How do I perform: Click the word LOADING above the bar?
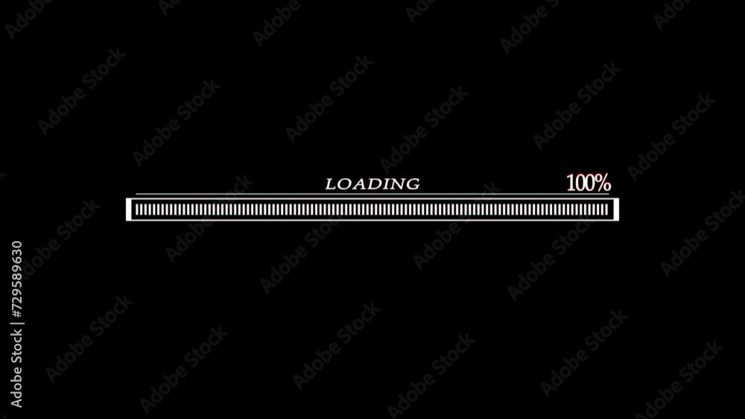372,184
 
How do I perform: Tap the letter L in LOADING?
331,184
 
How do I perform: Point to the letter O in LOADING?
343,184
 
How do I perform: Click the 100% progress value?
589,182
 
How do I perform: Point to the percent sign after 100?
603,182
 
